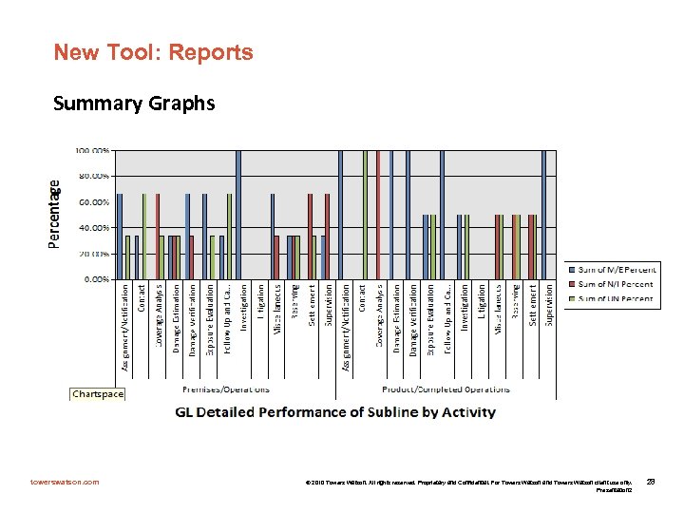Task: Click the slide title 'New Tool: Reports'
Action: (x=153, y=52)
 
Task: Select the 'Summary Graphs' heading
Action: (x=134, y=103)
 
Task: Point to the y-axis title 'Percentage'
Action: (x=55, y=215)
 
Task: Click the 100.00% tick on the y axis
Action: (x=92, y=151)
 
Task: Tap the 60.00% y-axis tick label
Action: (x=92, y=202)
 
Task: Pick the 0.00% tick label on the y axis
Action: (x=95, y=279)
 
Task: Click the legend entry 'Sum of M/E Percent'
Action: (x=615, y=270)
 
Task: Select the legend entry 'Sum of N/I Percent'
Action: (x=615, y=284)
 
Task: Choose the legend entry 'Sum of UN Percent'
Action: (x=615, y=298)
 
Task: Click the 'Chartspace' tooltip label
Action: (x=98, y=393)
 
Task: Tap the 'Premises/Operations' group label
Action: (x=225, y=389)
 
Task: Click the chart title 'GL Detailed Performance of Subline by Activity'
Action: (x=335, y=412)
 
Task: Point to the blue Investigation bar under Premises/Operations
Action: (x=238, y=215)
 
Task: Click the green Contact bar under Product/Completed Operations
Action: (x=365, y=215)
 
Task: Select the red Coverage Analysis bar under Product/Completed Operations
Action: (x=378, y=215)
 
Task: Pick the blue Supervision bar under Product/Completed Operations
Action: (x=543, y=215)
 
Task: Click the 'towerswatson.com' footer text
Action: (x=65, y=483)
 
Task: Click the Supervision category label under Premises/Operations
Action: (x=328, y=305)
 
